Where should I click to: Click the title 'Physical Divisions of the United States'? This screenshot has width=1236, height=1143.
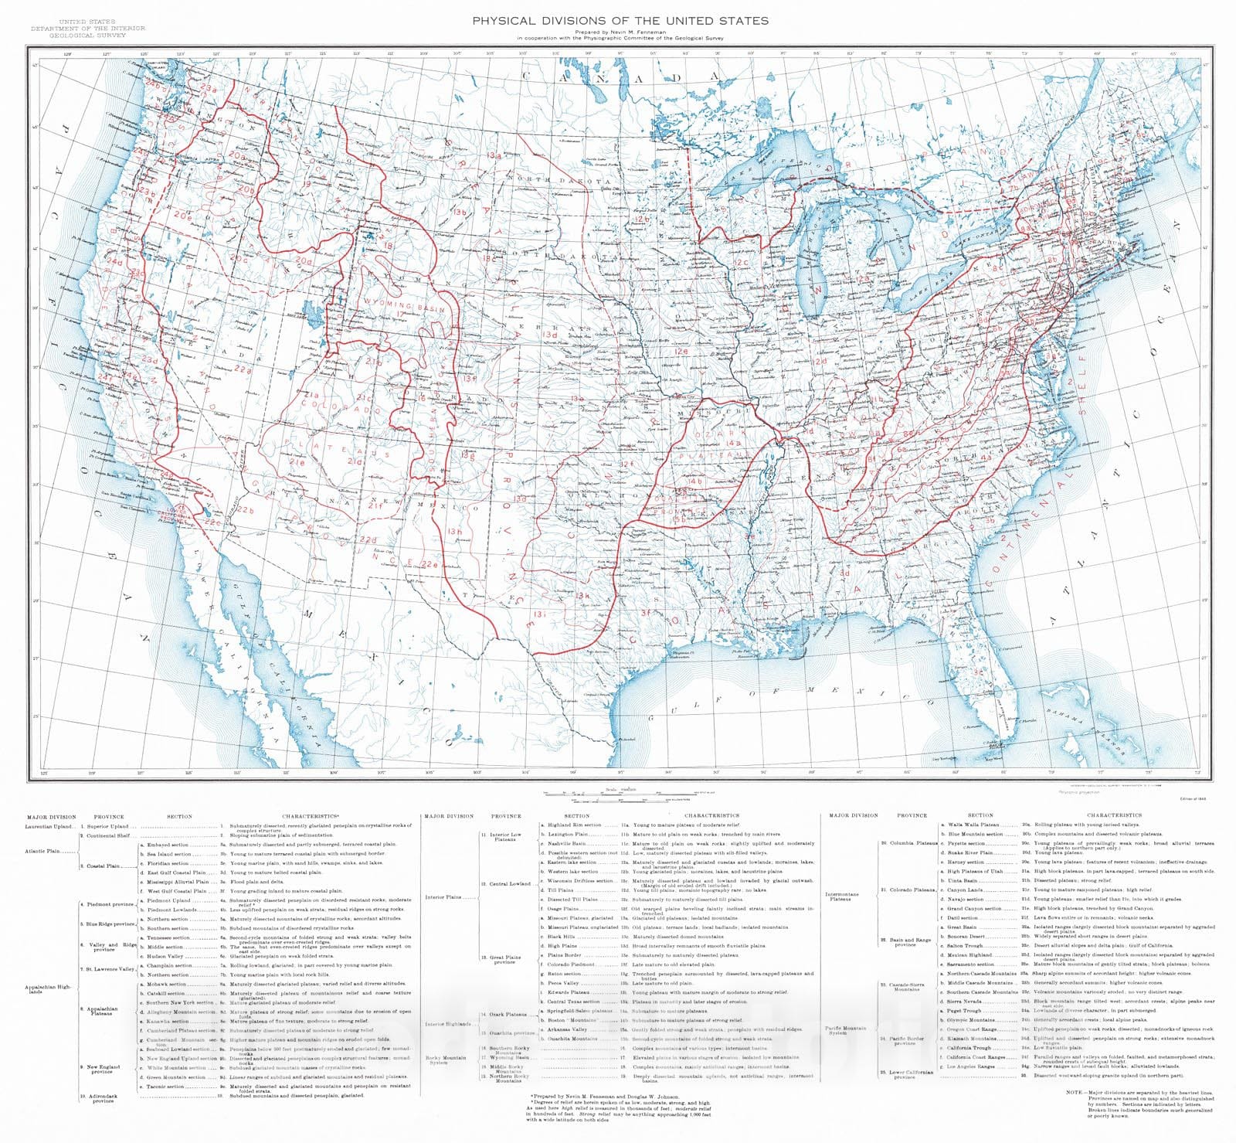point(620,21)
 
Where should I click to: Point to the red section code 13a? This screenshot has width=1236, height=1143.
point(494,155)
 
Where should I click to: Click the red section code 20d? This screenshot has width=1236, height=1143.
point(304,261)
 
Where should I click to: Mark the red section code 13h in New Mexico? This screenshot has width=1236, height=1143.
point(454,532)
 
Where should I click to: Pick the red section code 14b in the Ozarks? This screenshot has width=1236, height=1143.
point(694,481)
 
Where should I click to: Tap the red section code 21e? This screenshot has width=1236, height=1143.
point(297,463)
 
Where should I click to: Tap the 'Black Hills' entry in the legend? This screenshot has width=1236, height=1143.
point(561,937)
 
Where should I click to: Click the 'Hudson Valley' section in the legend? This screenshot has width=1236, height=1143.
point(165,957)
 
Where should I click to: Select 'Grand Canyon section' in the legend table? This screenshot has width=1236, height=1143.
point(975,909)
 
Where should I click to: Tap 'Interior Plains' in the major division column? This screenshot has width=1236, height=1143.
point(443,897)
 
